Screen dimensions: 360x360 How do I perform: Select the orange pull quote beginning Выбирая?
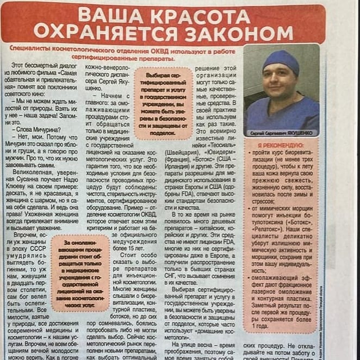[164, 103]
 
